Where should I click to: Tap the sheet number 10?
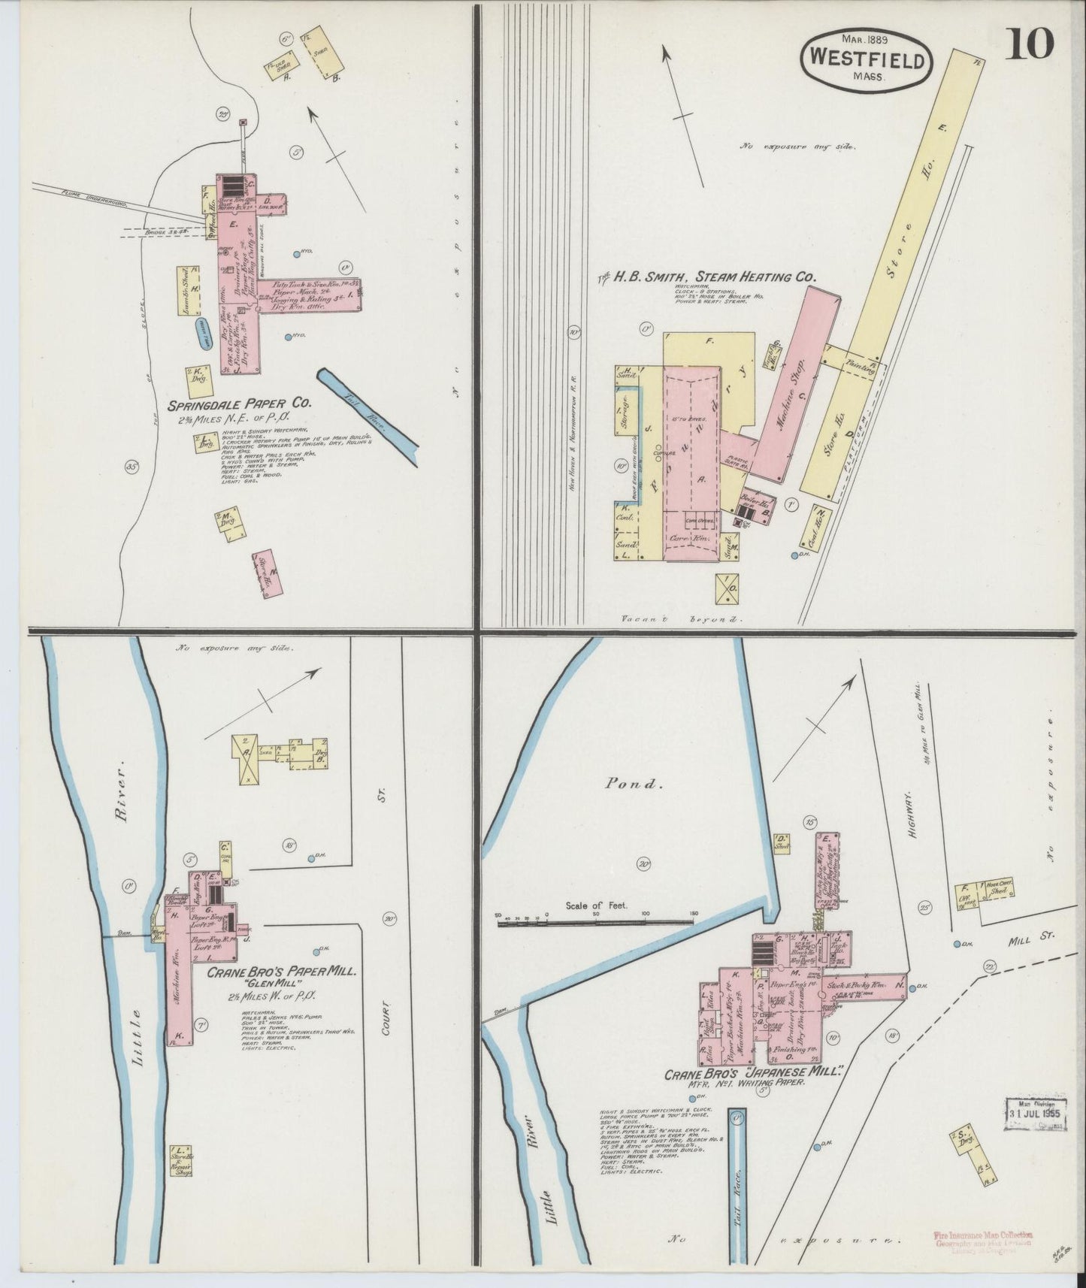(1030, 44)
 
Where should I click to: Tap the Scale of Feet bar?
(594, 918)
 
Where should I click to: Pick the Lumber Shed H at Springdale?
(192, 290)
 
